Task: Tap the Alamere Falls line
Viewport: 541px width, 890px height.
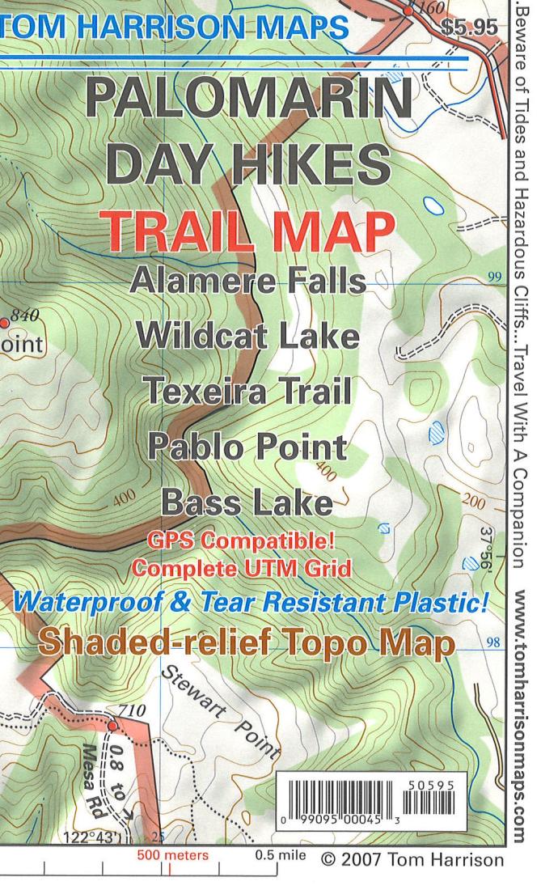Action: pyautogui.click(x=247, y=282)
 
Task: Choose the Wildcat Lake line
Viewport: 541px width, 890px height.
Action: pyautogui.click(x=247, y=334)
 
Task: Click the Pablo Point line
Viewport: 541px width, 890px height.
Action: pyautogui.click(x=247, y=446)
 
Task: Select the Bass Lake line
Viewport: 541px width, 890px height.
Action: pyautogui.click(x=247, y=502)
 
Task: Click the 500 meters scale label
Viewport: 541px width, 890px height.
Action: pyautogui.click(x=171, y=855)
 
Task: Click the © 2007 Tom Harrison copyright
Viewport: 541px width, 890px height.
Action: pyautogui.click(x=412, y=858)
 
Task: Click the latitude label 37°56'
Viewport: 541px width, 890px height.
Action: pyautogui.click(x=484, y=550)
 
